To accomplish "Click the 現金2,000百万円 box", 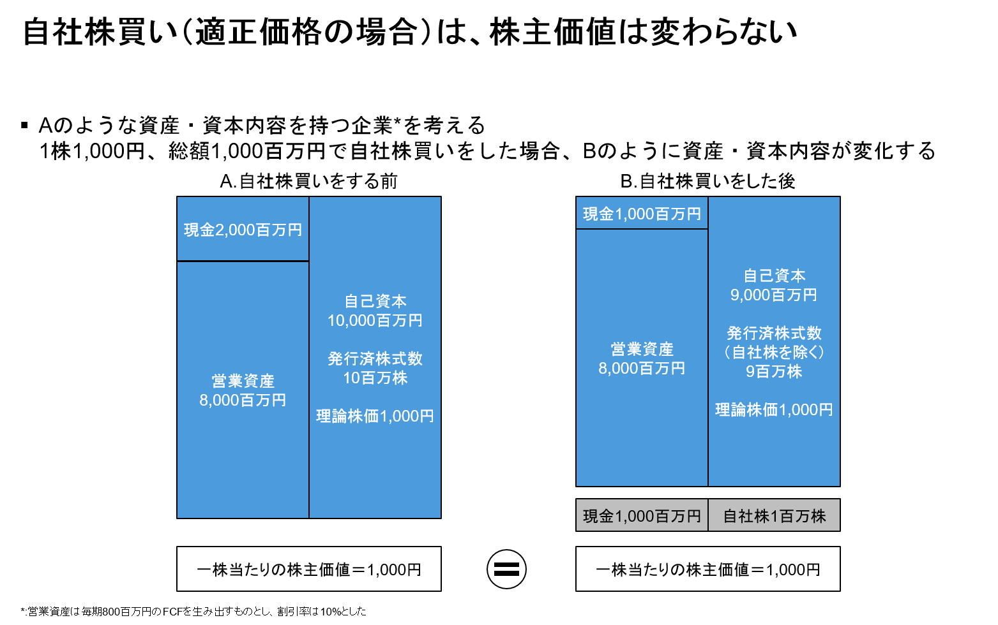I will pos(243,230).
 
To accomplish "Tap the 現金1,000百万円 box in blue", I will pos(642,214).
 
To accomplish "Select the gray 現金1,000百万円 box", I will pos(642,515).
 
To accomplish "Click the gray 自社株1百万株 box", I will pos(774,515).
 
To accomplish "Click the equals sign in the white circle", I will pos(506,569).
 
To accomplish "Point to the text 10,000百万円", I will pos(375,321).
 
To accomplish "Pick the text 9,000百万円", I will pos(774,295).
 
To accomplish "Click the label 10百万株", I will pos(375,378).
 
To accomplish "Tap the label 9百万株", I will pos(774,372).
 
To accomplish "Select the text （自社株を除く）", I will pos(774,353).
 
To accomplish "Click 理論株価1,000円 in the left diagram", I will pos(375,416).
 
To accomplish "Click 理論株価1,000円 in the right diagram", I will pos(774,410).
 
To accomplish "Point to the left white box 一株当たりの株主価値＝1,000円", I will pos(309,569).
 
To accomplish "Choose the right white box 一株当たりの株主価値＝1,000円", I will pos(707,569).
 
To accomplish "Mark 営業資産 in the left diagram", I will pos(243,381).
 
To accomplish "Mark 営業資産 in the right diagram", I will pos(642,349).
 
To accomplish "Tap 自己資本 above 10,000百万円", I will pos(375,301).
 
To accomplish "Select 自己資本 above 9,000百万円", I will pos(774,276).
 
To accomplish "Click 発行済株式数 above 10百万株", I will pos(375,359).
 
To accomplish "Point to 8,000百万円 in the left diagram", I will pos(243,401).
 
